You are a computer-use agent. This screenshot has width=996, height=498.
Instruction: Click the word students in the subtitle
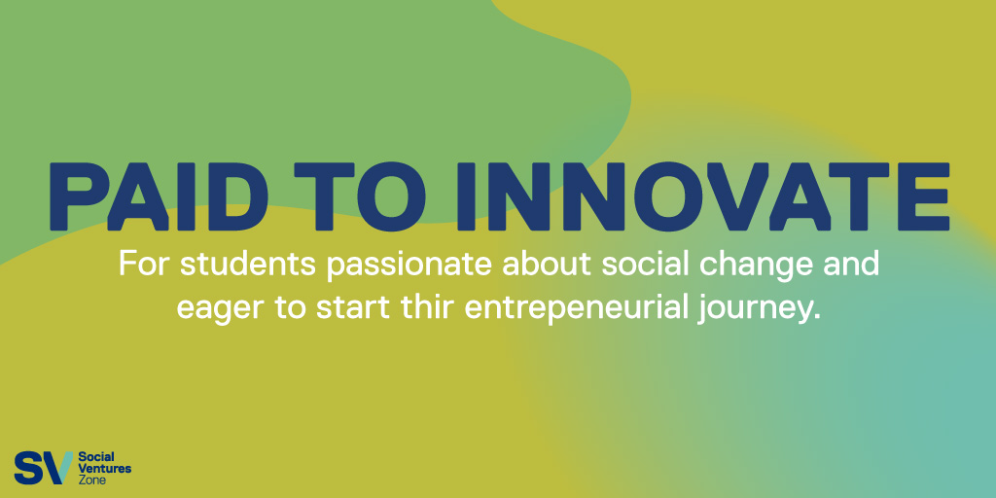[x=248, y=265]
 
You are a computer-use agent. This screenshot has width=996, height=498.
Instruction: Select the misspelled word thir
[x=428, y=306]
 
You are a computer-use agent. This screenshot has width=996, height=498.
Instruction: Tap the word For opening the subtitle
[x=144, y=265]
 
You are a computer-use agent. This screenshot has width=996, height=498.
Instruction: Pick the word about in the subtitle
[x=547, y=265]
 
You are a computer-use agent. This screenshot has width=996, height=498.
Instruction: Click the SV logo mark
[x=43, y=468]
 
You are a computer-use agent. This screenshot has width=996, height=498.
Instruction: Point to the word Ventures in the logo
[x=105, y=469]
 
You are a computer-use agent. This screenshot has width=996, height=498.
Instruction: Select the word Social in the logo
[x=95, y=457]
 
